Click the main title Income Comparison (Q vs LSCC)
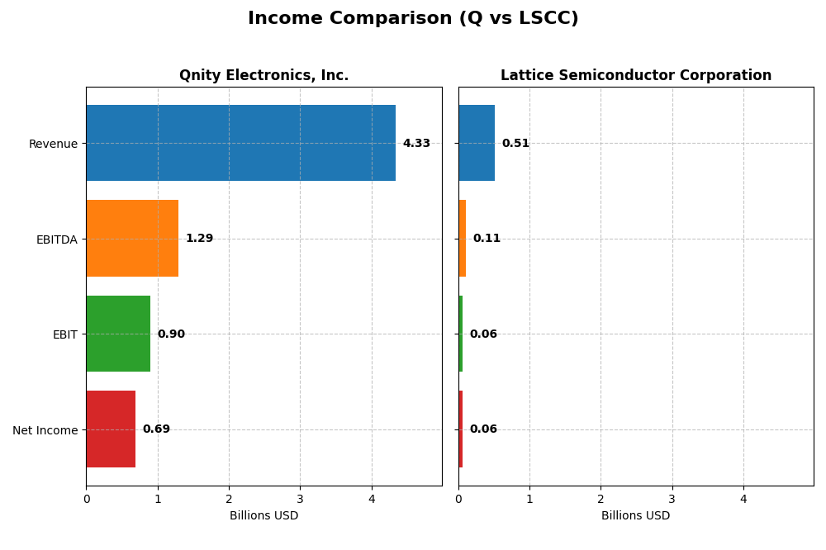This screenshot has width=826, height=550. (413, 18)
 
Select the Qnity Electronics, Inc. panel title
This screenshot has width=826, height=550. (263, 75)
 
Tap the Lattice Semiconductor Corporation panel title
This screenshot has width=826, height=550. (635, 75)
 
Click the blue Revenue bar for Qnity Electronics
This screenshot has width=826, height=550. (240, 143)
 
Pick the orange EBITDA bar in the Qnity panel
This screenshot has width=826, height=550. (132, 239)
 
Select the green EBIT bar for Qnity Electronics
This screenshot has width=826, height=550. (118, 334)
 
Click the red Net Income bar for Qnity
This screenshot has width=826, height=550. (111, 429)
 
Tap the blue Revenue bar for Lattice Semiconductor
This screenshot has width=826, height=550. (477, 143)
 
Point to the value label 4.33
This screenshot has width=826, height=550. (416, 143)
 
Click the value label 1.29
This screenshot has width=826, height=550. (199, 239)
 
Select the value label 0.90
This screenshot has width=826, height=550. (171, 334)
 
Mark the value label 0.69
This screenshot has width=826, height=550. (156, 429)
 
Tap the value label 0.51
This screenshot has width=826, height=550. (515, 143)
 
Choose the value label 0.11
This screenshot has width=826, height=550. (487, 239)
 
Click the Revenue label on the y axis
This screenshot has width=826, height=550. (53, 144)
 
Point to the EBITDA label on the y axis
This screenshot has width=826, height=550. (56, 239)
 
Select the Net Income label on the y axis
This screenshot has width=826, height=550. (45, 430)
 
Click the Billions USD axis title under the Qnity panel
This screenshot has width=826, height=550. (263, 515)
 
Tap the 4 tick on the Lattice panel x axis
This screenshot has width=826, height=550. (743, 499)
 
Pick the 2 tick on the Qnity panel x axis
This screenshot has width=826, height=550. (229, 499)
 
